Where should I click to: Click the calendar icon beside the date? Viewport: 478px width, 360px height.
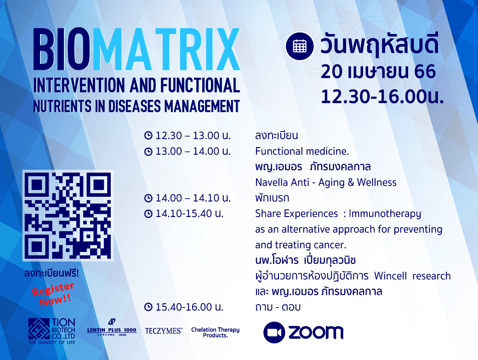299,46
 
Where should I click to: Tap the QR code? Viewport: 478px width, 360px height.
68,216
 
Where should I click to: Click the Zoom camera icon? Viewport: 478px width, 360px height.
274,332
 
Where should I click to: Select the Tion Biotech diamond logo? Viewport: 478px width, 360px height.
39,329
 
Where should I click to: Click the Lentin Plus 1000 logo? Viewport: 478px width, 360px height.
112,328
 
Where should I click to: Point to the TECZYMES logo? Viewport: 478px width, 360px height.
164,331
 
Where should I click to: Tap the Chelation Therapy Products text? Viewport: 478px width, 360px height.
215,332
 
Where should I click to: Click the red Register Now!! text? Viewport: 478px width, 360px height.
53,294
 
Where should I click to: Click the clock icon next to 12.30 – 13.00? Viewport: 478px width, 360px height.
148,135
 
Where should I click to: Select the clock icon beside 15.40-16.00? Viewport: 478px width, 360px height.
148,307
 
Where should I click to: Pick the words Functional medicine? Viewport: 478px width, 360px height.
302,151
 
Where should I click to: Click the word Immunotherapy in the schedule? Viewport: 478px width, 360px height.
385,214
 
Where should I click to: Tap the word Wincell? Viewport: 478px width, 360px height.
390,276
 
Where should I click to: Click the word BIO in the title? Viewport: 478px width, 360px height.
62,49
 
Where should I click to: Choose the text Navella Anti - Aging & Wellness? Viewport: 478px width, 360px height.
326,182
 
